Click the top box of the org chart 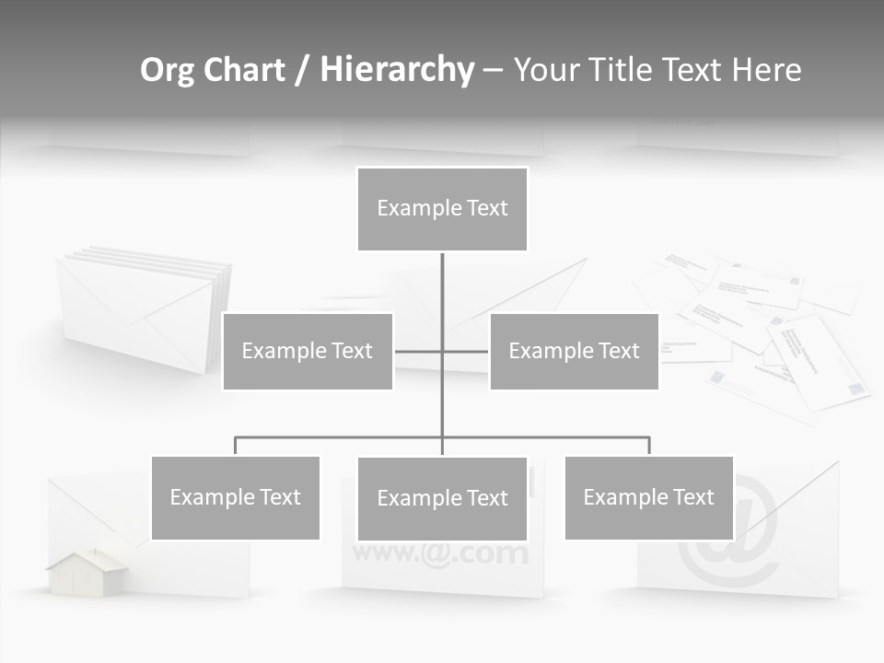(442, 209)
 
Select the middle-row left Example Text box (308, 351)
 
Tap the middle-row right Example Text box (574, 351)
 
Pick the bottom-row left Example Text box (235, 497)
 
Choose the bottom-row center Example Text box (442, 498)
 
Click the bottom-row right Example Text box (648, 497)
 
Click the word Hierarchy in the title (396, 70)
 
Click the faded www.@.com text (440, 553)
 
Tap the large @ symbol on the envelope (727, 543)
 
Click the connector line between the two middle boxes (442, 351)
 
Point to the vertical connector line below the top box (442, 285)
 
